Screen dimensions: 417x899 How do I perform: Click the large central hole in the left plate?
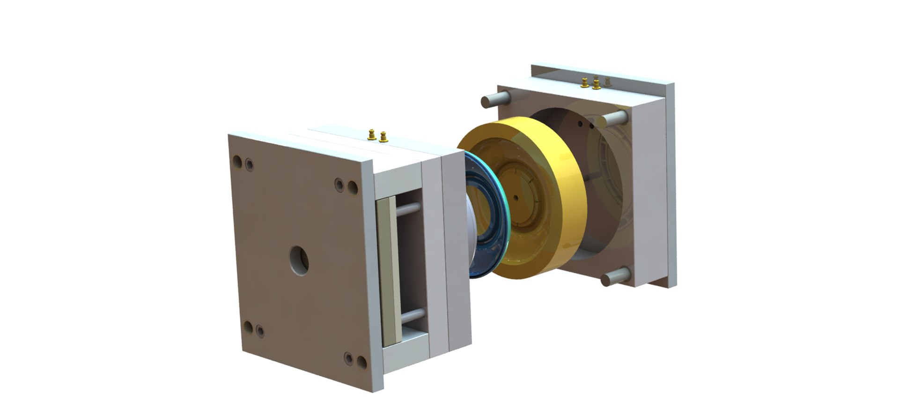pyautogui.click(x=299, y=260)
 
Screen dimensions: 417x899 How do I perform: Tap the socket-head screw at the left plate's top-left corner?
pyautogui.click(x=250, y=164)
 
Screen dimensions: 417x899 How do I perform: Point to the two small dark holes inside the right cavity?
pyautogui.click(x=586, y=125)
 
